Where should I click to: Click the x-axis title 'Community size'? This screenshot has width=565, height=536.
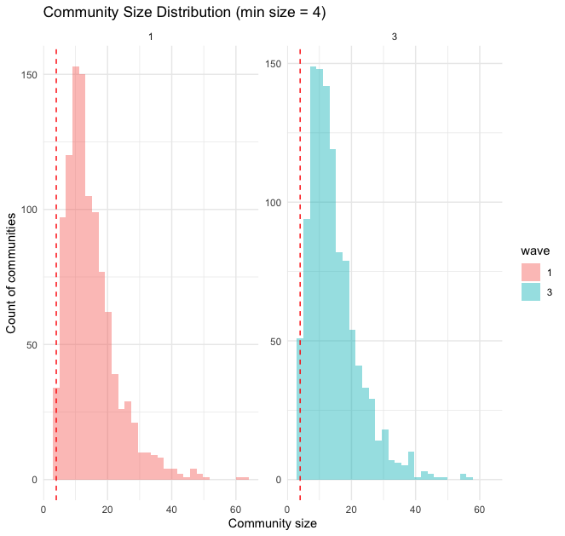[x=273, y=523]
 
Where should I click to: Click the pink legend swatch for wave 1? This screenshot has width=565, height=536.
[x=532, y=272]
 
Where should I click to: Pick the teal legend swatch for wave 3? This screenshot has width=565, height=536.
[x=532, y=291]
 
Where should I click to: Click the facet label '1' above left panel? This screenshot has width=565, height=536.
[x=151, y=35]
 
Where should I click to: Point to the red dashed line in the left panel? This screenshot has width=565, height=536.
[x=56, y=256]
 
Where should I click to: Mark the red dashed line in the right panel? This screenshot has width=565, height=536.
[x=300, y=256]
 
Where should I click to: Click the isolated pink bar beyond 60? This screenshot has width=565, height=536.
[x=243, y=478]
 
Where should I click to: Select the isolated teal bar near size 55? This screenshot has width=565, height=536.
[x=464, y=476]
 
